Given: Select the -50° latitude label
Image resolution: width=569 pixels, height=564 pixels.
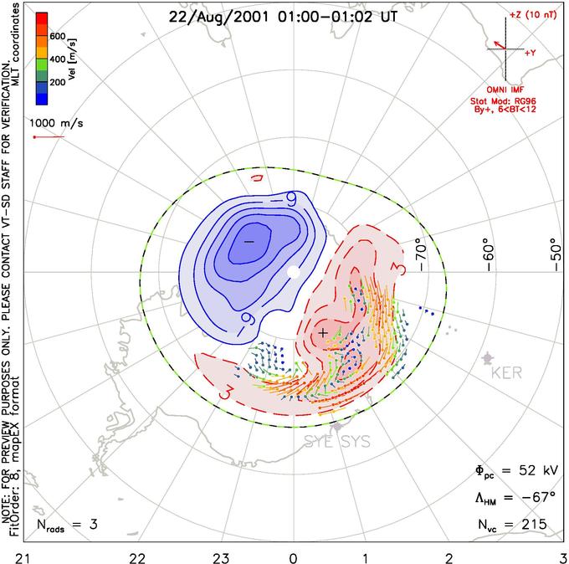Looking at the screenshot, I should click(552, 252).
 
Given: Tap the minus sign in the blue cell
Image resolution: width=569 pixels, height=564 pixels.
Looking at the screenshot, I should click(248, 241).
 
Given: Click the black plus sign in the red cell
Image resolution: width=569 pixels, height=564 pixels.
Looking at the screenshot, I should click(323, 332).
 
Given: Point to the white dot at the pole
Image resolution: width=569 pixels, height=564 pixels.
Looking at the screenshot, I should click(293, 273).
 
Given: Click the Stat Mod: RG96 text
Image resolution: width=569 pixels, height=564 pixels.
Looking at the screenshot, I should click(510, 99).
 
